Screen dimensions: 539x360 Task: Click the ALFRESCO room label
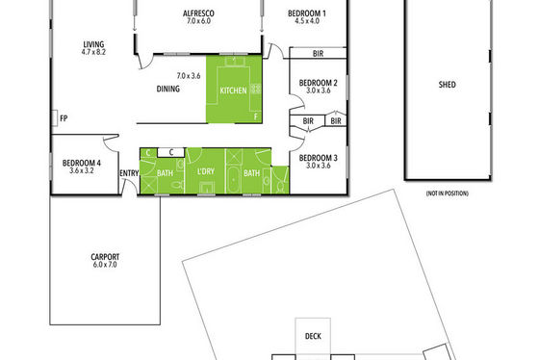pyautogui.click(x=198, y=13)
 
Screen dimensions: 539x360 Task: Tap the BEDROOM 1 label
pyautogui.click(x=307, y=13)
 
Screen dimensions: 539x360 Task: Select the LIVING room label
pyautogui.click(x=93, y=44)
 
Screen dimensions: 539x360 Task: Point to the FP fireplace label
pyautogui.click(x=64, y=118)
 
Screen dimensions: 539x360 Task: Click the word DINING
pyautogui.click(x=168, y=89)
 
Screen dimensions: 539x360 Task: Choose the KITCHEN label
pyautogui.click(x=233, y=90)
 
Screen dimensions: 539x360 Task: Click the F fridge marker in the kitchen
pyautogui.click(x=256, y=116)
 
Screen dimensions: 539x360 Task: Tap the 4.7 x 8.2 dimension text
pyautogui.click(x=93, y=52)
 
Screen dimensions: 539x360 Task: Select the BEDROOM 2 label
pyautogui.click(x=318, y=83)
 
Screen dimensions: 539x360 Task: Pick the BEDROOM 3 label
pyautogui.click(x=318, y=158)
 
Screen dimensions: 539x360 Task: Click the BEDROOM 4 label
pyautogui.click(x=82, y=163)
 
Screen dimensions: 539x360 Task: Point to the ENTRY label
pyautogui.click(x=129, y=173)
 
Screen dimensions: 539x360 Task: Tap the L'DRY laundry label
pyautogui.click(x=206, y=171)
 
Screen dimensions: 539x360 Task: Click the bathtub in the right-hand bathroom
pyautogui.click(x=233, y=180)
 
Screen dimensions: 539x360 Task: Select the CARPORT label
pyautogui.click(x=105, y=257)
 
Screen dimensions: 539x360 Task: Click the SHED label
pyautogui.click(x=448, y=85)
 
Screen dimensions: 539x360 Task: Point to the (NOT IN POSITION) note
pyautogui.click(x=448, y=193)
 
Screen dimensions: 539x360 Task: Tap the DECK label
pyautogui.click(x=313, y=336)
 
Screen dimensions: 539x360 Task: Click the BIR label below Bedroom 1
pyautogui.click(x=318, y=54)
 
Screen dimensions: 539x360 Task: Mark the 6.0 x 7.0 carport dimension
pyautogui.click(x=105, y=265)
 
